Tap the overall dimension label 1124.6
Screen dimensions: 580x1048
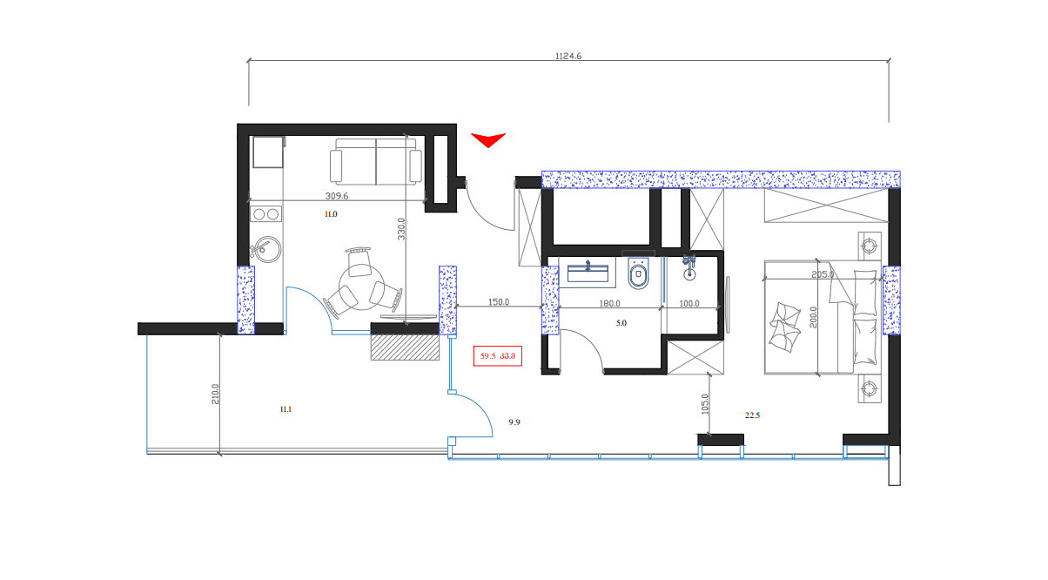pyautogui.click(x=568, y=56)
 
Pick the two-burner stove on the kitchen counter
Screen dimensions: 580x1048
pyautogui.click(x=265, y=214)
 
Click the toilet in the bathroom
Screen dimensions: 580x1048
pyautogui.click(x=638, y=273)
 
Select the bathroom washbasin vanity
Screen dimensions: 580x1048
pyautogui.click(x=591, y=273)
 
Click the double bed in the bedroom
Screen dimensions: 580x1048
pyautogui.click(x=823, y=317)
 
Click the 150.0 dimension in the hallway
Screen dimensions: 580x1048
pyautogui.click(x=498, y=302)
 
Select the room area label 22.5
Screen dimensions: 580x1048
pyautogui.click(x=752, y=415)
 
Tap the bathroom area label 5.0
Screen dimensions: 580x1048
pyautogui.click(x=621, y=323)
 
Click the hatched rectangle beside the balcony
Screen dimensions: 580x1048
pyautogui.click(x=403, y=347)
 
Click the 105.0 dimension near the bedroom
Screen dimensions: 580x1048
pyautogui.click(x=705, y=405)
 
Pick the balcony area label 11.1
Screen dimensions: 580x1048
pyautogui.click(x=286, y=408)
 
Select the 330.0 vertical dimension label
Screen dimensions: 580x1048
pyautogui.click(x=402, y=229)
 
